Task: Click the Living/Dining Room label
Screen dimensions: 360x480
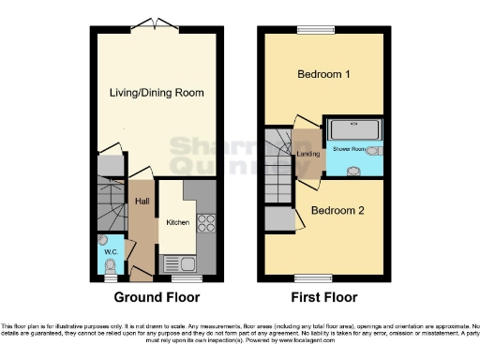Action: [x=157, y=93]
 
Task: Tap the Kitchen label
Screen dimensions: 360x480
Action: [x=178, y=223]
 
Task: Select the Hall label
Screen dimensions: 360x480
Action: [x=142, y=201]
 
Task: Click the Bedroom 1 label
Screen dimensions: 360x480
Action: [x=324, y=74]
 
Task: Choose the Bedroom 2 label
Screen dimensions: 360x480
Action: [x=337, y=210]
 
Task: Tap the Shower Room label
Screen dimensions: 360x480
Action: [x=348, y=149]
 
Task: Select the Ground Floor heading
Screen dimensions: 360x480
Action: [x=157, y=298]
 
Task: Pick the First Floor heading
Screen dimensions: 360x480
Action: [x=324, y=298]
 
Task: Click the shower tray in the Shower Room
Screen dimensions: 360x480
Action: [x=354, y=128]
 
